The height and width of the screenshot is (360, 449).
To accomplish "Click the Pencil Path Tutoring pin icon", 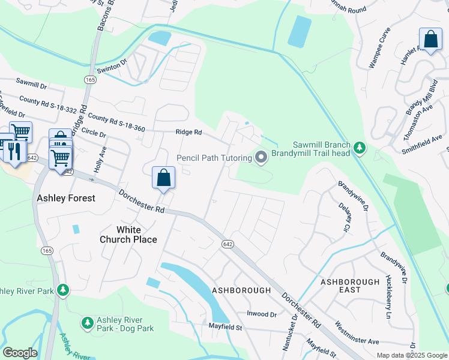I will (x=261, y=158).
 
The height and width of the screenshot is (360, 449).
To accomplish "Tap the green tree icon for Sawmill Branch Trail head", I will (x=359, y=147).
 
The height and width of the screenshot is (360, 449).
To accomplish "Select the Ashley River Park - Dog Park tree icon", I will (x=88, y=323).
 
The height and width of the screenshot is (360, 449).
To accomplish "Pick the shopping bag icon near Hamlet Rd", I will (x=430, y=40).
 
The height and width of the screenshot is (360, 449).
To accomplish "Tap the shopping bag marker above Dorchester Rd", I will (x=163, y=178).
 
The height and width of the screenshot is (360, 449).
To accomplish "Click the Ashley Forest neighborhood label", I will (x=66, y=198).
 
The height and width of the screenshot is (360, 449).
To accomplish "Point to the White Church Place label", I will (x=128, y=235).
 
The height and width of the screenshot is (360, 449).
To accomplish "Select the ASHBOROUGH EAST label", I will (x=349, y=286).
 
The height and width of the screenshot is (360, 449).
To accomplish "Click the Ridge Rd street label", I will (x=188, y=132).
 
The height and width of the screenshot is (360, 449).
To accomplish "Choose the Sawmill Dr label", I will (x=31, y=83).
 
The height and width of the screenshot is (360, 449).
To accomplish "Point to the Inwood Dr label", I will (x=262, y=314).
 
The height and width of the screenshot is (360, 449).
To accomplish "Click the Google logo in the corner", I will (x=20, y=353).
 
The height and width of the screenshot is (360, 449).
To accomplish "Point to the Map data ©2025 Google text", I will (x=412, y=355).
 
